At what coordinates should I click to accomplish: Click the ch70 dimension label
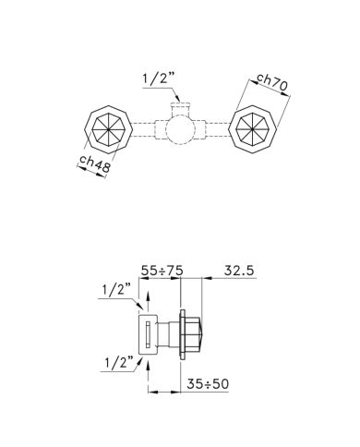[x=272, y=82]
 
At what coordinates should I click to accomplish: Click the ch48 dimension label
[x=94, y=163]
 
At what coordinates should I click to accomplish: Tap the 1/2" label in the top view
[x=159, y=79]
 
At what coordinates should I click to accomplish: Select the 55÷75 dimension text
[x=162, y=271]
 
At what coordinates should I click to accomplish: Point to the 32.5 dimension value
[x=239, y=271]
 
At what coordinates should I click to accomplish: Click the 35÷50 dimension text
[x=208, y=384]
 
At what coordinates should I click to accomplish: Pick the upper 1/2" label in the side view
[x=116, y=290]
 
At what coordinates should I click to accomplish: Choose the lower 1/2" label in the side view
[x=119, y=362]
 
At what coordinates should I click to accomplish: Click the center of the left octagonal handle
[x=108, y=129]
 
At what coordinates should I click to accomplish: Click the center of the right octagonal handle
[x=253, y=129]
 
